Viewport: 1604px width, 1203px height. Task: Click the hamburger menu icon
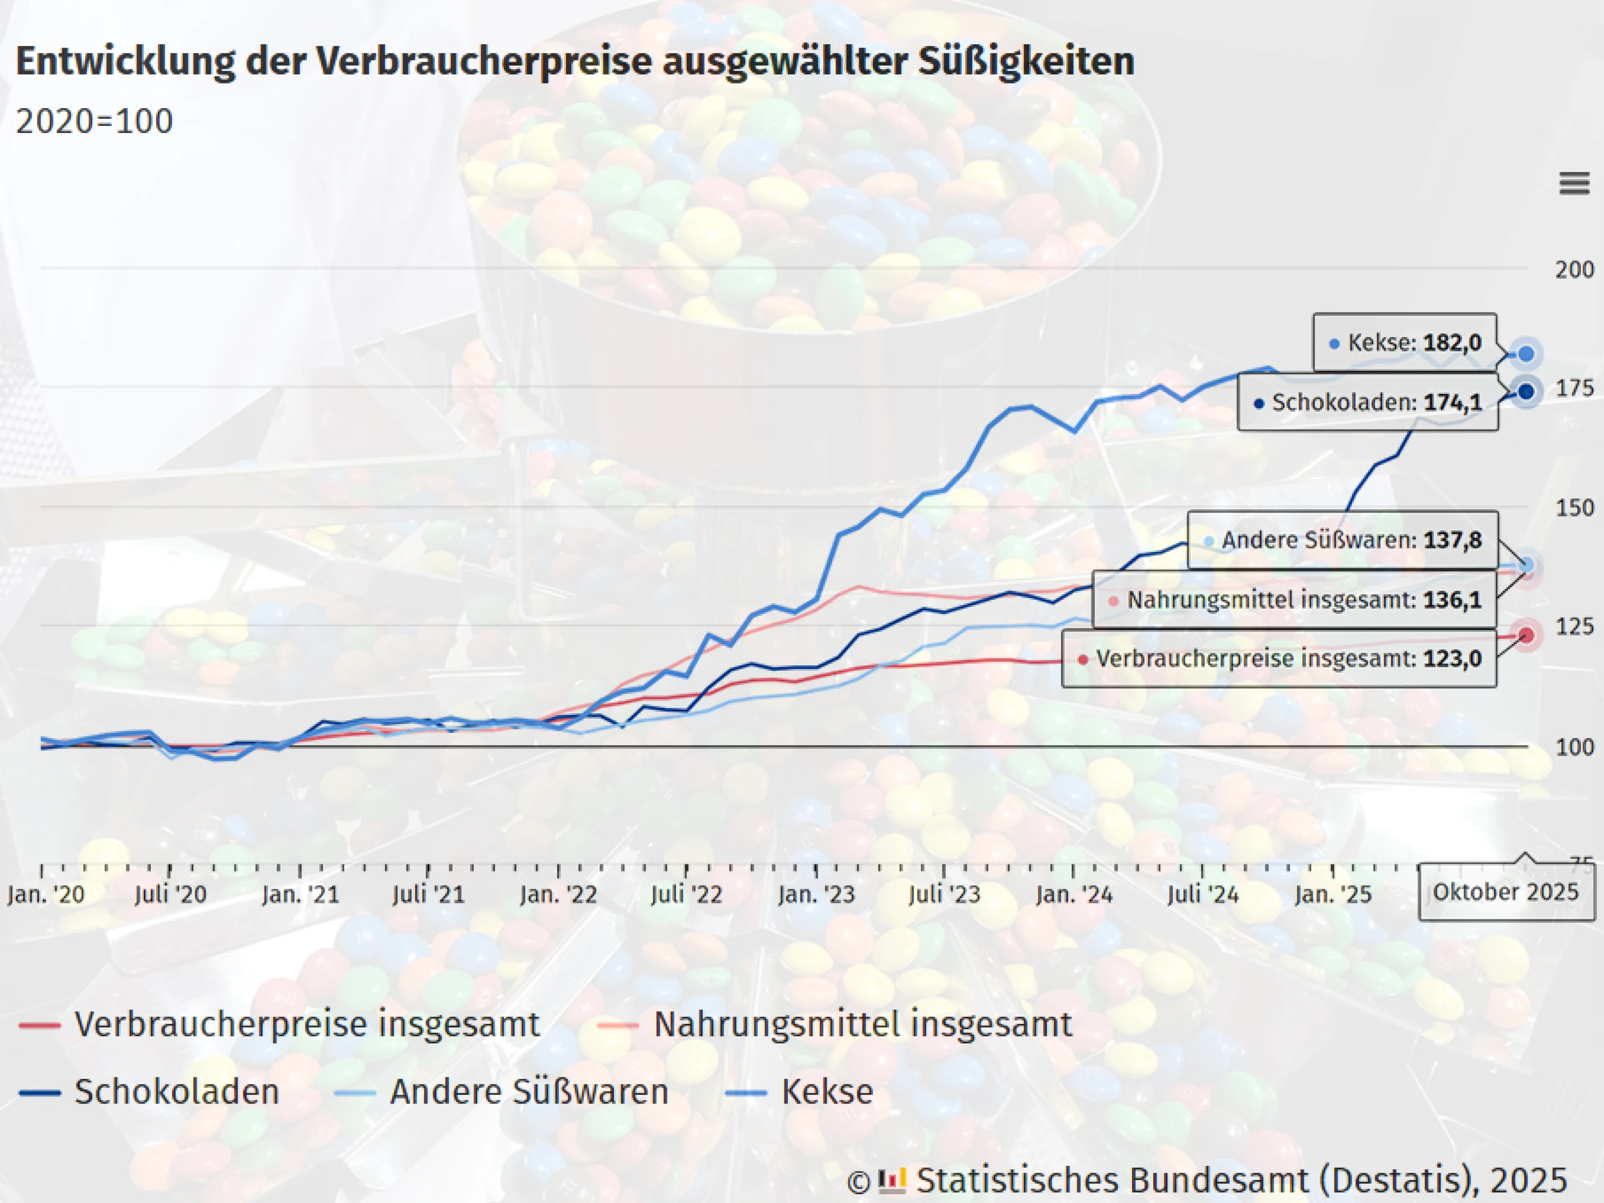[x=1574, y=183]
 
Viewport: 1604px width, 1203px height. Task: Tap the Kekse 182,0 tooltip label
[x=1405, y=342]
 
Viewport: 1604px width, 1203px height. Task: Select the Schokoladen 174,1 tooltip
[x=1368, y=402]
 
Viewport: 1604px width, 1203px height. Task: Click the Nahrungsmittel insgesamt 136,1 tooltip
[x=1294, y=600]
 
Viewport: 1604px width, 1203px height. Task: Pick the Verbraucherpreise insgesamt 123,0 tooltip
[x=1279, y=658]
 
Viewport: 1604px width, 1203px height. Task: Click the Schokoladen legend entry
[x=176, y=1091]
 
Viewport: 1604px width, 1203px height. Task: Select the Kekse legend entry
[x=827, y=1091]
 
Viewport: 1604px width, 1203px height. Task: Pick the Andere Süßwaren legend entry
[x=528, y=1091]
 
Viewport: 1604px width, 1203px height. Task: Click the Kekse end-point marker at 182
[x=1526, y=354]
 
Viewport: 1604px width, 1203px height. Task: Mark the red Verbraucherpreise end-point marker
[x=1526, y=636]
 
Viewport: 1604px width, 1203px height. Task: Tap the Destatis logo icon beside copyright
[x=892, y=1180]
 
